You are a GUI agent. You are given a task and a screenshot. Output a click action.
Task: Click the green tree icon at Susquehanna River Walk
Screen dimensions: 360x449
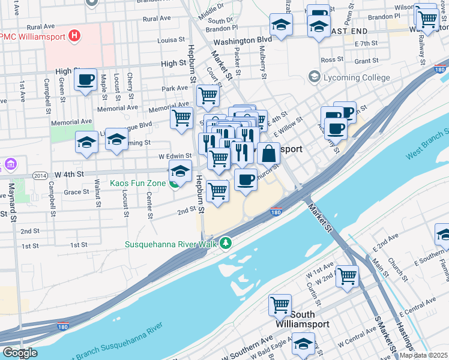(x=225, y=243)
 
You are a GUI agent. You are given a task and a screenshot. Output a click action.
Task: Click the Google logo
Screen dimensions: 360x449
(x=20, y=353)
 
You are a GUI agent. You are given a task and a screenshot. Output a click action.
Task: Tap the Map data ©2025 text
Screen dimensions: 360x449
(x=424, y=355)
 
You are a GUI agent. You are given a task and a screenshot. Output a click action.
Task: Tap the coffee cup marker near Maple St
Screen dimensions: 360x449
(x=86, y=79)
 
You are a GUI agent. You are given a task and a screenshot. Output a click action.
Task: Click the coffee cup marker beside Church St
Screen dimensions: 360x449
(x=245, y=179)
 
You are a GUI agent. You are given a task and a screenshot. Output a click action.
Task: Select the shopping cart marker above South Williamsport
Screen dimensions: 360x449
(x=280, y=305)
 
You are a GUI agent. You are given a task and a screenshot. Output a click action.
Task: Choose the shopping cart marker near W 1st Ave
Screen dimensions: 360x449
(x=347, y=276)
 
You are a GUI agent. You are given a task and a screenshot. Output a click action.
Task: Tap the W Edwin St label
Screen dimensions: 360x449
(x=173, y=156)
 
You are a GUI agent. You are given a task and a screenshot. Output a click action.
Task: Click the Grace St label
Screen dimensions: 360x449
(x=76, y=193)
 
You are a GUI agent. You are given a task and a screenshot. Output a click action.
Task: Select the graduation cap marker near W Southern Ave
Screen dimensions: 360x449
(x=303, y=344)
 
